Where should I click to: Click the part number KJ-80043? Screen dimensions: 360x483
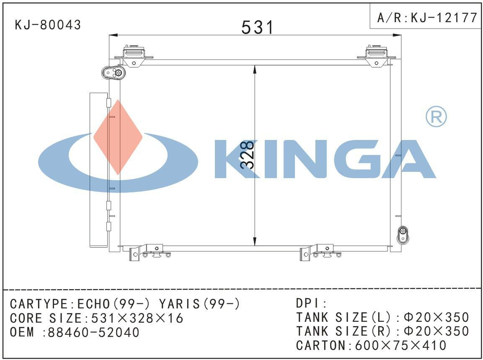(48, 25)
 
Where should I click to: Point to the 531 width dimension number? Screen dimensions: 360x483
(257, 27)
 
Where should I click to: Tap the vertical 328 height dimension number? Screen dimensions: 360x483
(248, 155)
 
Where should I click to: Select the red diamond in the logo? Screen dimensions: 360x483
(118, 137)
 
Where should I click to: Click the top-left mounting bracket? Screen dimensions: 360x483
(133, 55)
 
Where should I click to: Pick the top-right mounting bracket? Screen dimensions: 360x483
(377, 55)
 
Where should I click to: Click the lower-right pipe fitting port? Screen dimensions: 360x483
(403, 235)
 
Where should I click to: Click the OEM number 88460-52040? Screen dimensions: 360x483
(93, 332)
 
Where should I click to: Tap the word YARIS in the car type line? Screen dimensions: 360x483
(181, 304)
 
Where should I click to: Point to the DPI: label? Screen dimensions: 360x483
(311, 303)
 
